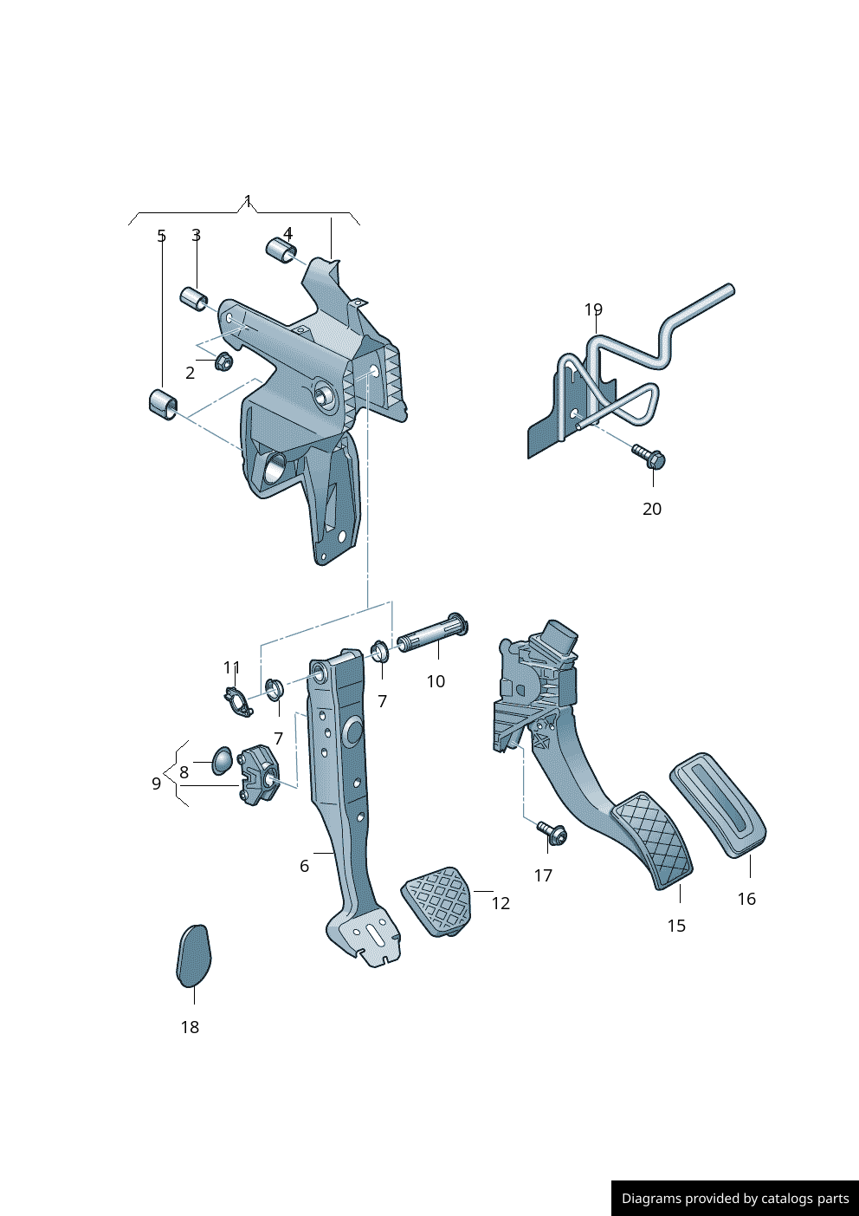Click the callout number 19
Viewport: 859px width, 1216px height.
593,310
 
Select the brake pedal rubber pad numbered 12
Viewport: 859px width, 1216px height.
438,900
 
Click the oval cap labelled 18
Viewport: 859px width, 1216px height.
193,956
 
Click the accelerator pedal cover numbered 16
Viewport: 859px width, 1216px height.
718,805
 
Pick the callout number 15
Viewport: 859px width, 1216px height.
676,926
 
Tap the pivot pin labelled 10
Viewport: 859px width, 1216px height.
432,636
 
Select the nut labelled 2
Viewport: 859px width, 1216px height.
223,361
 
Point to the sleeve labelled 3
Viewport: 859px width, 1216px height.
194,298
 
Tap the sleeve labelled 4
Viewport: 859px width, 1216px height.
281,249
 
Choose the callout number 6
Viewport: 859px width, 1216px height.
304,866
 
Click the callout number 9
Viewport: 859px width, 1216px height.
156,784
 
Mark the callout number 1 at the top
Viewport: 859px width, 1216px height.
248,201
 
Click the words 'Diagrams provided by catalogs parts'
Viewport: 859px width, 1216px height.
735,1199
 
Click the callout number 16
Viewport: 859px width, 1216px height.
746,899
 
